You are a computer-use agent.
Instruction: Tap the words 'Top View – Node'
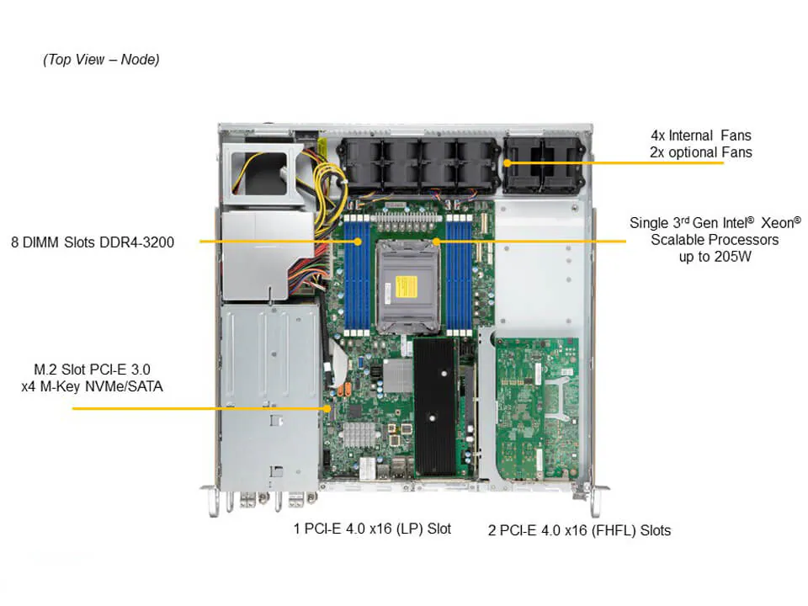(x=101, y=60)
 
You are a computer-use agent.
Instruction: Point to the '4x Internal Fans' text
(x=700, y=135)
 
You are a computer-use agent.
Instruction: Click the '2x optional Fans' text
(x=700, y=152)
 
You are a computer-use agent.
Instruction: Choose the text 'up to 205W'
(x=715, y=257)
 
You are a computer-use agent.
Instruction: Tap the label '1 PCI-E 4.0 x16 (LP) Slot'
(x=372, y=529)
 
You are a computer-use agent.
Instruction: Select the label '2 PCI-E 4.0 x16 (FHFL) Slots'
(x=579, y=530)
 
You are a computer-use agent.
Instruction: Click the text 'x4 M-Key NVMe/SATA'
(x=93, y=387)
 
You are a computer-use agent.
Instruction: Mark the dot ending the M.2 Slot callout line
(x=328, y=409)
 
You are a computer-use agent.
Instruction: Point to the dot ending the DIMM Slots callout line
(x=359, y=242)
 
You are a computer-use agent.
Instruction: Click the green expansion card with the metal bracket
(x=536, y=408)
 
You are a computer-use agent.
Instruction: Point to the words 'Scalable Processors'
(x=715, y=240)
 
